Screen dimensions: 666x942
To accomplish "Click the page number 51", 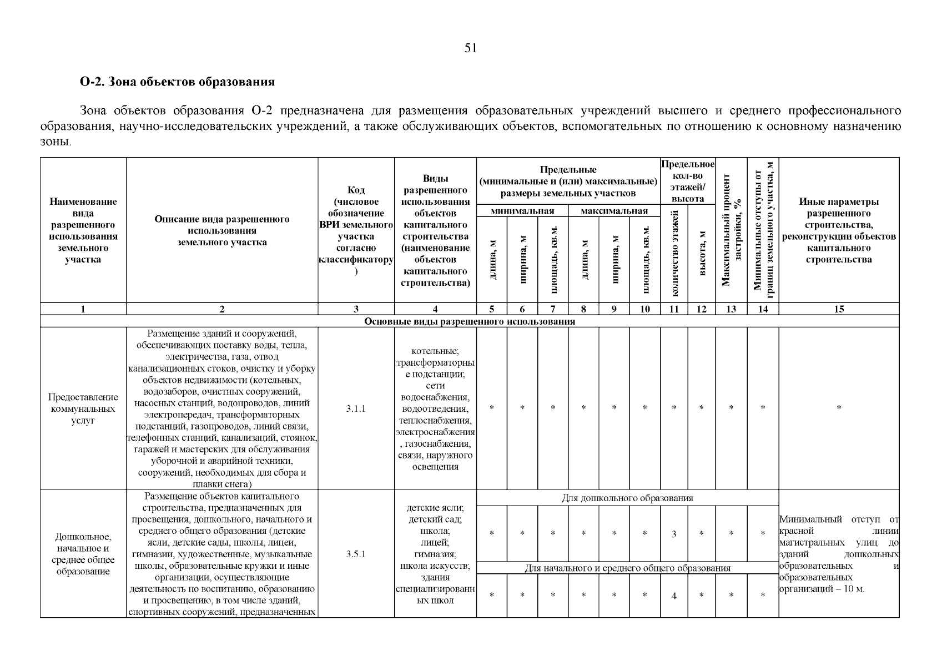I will point(470,48).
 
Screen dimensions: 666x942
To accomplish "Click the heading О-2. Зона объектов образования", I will point(177,82).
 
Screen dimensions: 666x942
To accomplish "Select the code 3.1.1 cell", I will point(356,409).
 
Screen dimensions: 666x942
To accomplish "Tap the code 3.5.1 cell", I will point(356,554).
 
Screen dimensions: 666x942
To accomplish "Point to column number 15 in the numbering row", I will point(839,310).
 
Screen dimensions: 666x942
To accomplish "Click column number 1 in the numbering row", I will point(83,310).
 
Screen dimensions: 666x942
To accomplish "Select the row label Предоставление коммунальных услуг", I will point(83,409).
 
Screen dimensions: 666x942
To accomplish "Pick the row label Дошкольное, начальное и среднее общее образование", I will point(83,554).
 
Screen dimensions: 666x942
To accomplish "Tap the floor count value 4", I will point(674,596).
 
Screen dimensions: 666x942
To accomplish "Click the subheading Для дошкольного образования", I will point(627,498).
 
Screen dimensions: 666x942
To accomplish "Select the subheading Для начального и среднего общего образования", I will point(627,568).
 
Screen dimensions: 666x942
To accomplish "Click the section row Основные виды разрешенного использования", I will point(470,321).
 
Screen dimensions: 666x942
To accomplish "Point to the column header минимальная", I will point(522,211).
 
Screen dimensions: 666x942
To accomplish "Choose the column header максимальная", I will point(614,211).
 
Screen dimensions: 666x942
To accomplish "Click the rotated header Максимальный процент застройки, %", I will point(731,230).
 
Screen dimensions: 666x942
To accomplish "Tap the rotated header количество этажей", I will point(674,254).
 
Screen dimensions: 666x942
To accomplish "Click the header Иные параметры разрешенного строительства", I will point(839,230).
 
